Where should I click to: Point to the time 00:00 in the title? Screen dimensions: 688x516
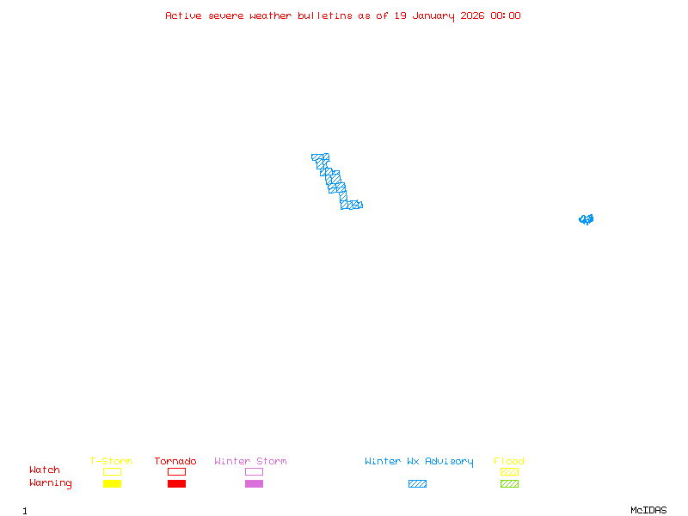tap(506, 15)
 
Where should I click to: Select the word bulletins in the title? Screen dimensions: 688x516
tap(324, 15)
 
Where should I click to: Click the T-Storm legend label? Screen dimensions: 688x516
tap(111, 462)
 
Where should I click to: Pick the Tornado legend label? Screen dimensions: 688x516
tap(175, 462)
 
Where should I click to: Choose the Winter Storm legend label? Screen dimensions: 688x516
tap(250, 462)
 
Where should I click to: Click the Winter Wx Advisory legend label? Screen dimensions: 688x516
tap(419, 462)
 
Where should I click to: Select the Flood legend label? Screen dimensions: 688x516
tap(509, 462)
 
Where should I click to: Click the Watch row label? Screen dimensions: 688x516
tap(45, 470)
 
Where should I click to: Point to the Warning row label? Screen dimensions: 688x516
tap(51, 483)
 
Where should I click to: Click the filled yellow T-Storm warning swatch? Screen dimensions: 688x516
tap(112, 483)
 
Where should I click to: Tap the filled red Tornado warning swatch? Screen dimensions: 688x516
tap(176, 483)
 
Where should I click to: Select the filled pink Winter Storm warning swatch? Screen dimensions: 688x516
tap(254, 483)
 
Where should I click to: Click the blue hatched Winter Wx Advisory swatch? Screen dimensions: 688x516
tap(417, 483)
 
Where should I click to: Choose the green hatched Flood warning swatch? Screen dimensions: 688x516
tap(509, 483)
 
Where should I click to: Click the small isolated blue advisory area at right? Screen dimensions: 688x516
tap(586, 219)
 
